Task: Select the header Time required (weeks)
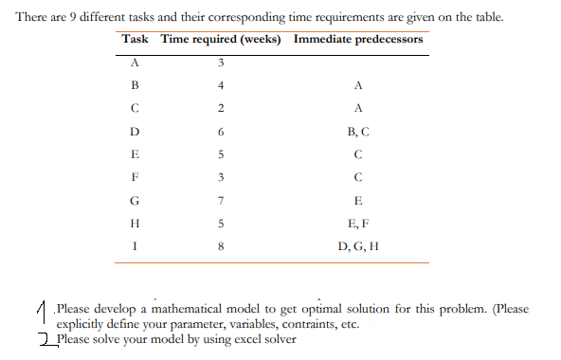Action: click(224, 40)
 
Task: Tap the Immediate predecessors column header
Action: click(358, 40)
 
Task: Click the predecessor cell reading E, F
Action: click(357, 224)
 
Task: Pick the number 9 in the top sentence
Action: click(74, 18)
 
